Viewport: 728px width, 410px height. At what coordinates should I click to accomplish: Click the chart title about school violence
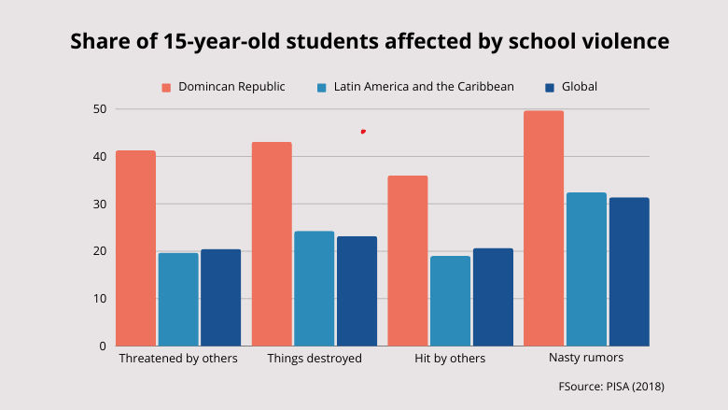[370, 41]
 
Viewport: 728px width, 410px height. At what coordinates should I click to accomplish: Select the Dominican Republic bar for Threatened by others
[135, 248]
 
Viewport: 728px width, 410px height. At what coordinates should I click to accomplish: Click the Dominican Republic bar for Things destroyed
[272, 244]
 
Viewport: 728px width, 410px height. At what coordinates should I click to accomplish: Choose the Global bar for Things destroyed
[357, 290]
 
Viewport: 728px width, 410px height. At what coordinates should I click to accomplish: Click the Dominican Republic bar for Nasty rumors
[543, 229]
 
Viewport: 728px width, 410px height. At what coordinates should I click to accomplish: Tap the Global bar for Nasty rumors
[629, 272]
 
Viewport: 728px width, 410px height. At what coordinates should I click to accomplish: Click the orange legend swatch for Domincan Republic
[166, 87]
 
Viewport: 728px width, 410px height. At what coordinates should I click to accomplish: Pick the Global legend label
[580, 87]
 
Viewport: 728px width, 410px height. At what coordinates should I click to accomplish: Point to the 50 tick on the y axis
[99, 109]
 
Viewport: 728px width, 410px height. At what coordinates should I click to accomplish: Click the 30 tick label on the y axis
[99, 204]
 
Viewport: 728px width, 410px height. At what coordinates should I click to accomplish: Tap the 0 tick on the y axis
[102, 346]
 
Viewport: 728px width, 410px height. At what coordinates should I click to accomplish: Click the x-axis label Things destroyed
[314, 359]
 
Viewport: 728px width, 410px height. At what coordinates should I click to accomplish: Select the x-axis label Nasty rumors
[587, 359]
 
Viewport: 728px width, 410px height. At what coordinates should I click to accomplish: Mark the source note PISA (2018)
[611, 386]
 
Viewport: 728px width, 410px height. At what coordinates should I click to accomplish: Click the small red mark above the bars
[363, 132]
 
